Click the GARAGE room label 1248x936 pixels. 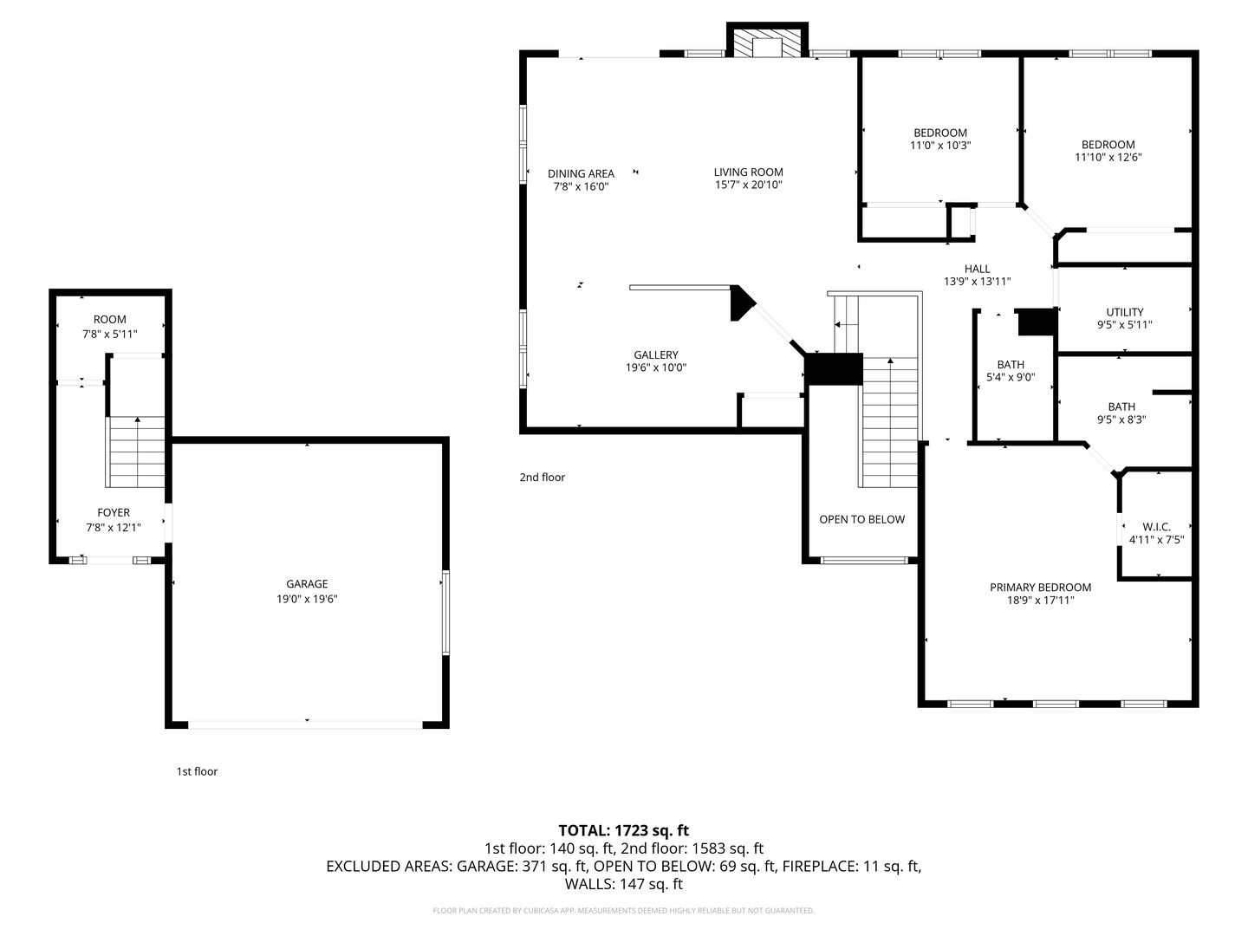[x=307, y=584]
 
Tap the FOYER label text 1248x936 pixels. [x=114, y=513]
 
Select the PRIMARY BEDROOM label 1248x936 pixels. [x=1040, y=588]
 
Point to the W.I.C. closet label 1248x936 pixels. [x=1156, y=527]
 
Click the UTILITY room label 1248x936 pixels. [x=1124, y=313]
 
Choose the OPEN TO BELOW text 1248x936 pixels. [x=861, y=520]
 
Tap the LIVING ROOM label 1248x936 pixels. [x=748, y=172]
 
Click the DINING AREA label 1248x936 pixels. [x=581, y=174]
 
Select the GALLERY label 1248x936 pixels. [x=656, y=355]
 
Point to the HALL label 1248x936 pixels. [x=977, y=270]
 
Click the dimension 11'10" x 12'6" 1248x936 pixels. [x=1108, y=158]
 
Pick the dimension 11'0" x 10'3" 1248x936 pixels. [x=939, y=146]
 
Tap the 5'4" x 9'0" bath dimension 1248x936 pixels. [x=1011, y=378]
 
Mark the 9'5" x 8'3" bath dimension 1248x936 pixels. [x=1121, y=419]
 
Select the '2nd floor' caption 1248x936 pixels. [x=542, y=478]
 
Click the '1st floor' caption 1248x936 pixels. [x=197, y=771]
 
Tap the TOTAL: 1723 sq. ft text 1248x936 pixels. [x=623, y=830]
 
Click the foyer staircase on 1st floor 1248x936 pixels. [x=136, y=452]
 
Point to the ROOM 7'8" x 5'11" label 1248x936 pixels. [x=110, y=327]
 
